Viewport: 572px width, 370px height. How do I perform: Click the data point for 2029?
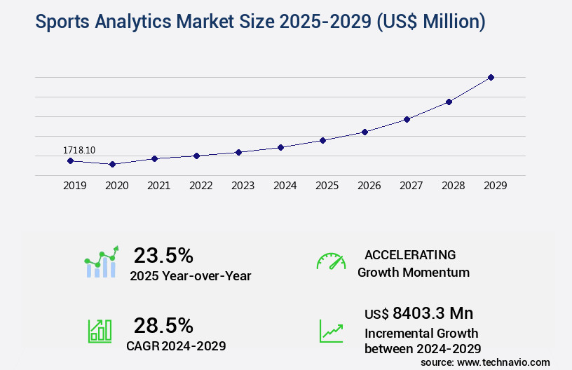tap(491, 77)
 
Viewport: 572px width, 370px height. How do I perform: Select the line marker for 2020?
tap(112, 164)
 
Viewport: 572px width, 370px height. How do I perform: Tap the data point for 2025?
tap(322, 140)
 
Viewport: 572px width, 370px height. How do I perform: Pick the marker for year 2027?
tap(407, 119)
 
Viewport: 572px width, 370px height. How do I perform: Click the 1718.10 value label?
tap(79, 150)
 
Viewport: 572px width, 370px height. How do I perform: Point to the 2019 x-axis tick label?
tap(74, 186)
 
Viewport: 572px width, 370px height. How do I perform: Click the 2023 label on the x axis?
tap(243, 186)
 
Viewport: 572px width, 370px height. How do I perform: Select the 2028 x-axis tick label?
tap(453, 186)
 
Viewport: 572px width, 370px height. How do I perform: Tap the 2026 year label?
tap(369, 186)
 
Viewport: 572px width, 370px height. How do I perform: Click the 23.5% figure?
tap(163, 255)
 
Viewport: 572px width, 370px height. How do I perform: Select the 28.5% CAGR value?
tap(163, 325)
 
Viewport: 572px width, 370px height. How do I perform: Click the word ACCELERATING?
tap(410, 254)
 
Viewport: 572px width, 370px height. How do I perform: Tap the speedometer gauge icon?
tap(331, 261)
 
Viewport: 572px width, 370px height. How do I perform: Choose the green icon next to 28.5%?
tap(100, 331)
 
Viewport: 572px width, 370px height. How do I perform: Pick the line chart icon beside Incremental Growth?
tap(331, 331)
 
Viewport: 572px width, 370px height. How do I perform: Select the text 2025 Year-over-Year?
tap(190, 275)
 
